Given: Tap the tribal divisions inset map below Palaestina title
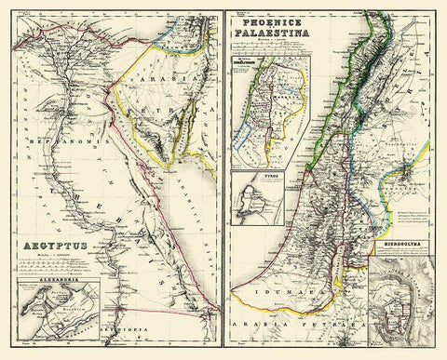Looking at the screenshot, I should pos(271,111).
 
